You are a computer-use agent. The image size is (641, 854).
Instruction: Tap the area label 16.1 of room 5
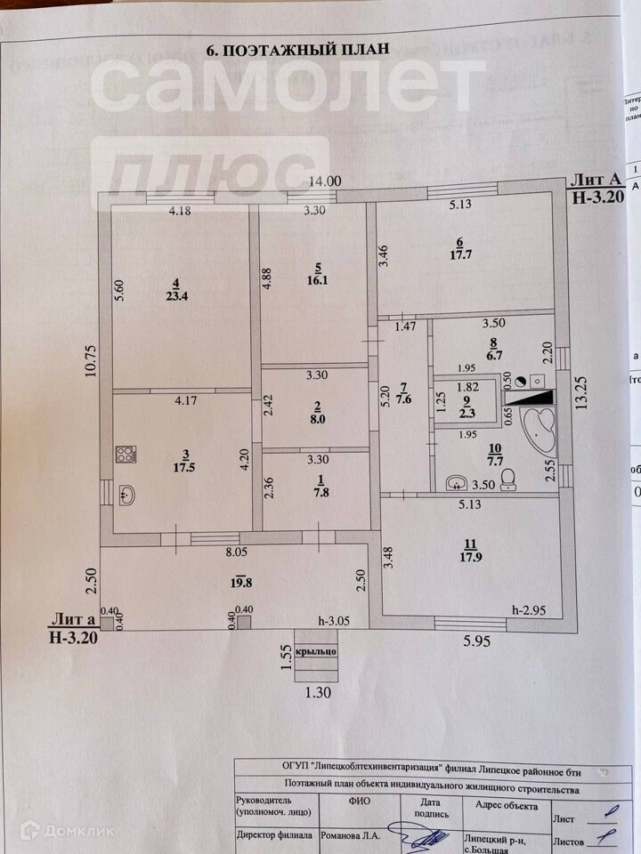click(x=319, y=278)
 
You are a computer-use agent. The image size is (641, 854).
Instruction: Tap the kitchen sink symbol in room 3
click(x=126, y=495)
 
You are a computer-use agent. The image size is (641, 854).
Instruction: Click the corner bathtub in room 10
click(x=540, y=430)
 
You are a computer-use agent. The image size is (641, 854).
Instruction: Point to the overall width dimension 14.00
click(x=325, y=181)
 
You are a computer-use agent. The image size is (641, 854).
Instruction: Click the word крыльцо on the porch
click(x=316, y=651)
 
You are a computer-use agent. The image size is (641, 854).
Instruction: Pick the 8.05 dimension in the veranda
click(x=235, y=552)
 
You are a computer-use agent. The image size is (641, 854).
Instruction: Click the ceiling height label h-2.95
click(x=529, y=609)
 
